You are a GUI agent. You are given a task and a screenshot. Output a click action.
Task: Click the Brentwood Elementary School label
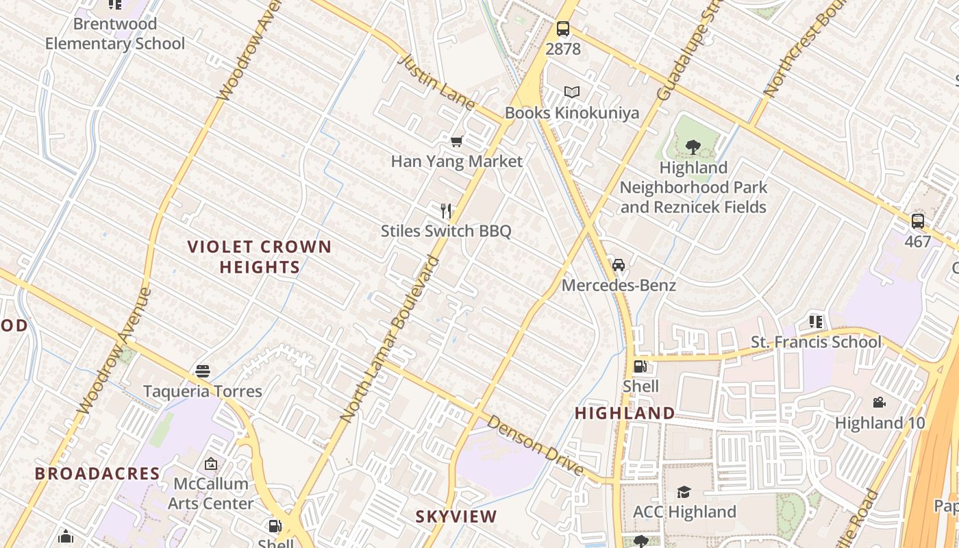(x=115, y=34)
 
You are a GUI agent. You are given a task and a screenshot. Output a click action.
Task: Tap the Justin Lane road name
(x=436, y=82)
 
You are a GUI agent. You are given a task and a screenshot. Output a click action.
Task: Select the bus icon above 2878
(x=563, y=29)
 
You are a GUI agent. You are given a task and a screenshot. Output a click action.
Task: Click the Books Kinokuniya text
(x=572, y=113)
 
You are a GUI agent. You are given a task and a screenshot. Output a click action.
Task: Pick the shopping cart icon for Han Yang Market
(x=457, y=141)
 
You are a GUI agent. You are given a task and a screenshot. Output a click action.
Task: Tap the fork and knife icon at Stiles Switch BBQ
(x=446, y=210)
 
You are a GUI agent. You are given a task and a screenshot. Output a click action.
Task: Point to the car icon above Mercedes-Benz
(x=619, y=265)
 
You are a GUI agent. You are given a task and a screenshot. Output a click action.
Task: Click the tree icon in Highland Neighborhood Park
(x=693, y=147)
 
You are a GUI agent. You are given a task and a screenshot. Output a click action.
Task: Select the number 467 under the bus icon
(x=918, y=242)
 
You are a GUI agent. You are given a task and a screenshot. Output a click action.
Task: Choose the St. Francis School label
(x=816, y=342)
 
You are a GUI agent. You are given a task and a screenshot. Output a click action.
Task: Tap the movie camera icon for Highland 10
(x=880, y=403)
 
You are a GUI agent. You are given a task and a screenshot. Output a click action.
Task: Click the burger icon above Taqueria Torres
(x=202, y=371)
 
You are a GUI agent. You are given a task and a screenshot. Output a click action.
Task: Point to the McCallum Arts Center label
(x=210, y=493)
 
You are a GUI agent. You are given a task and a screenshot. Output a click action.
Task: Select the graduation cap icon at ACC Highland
(x=684, y=492)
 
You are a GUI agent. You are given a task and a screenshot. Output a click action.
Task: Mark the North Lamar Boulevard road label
(x=389, y=338)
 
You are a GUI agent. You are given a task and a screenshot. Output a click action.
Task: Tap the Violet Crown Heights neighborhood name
(x=260, y=257)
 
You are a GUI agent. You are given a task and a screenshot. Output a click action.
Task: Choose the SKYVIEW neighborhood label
(x=456, y=516)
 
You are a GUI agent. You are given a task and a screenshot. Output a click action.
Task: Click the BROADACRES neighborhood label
(x=97, y=473)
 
